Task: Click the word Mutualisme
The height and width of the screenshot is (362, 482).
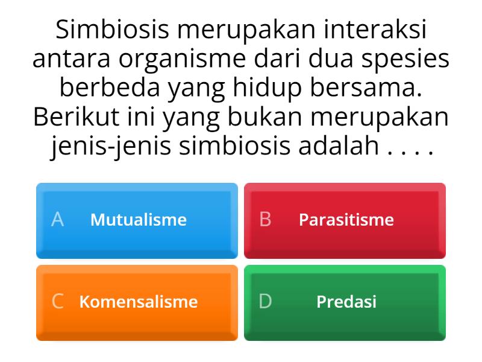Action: (x=139, y=220)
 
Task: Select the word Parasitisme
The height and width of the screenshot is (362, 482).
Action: (x=346, y=220)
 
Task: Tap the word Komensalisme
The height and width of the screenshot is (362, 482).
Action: (x=139, y=302)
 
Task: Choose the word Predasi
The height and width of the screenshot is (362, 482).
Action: (x=346, y=302)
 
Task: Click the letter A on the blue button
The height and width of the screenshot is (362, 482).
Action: (x=57, y=220)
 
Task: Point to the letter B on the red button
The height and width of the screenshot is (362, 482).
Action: (x=265, y=220)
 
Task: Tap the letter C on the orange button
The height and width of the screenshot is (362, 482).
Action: (x=58, y=301)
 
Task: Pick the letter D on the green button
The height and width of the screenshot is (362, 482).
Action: (x=265, y=301)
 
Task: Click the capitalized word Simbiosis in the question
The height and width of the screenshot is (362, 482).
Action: (x=112, y=29)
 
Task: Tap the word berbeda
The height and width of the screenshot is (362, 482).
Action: (x=110, y=87)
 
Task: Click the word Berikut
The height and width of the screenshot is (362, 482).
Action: (x=77, y=116)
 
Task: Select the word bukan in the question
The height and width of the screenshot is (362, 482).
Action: (x=265, y=116)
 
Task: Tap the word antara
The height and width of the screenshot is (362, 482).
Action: (x=71, y=59)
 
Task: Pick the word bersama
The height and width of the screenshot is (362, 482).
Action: (x=366, y=87)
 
